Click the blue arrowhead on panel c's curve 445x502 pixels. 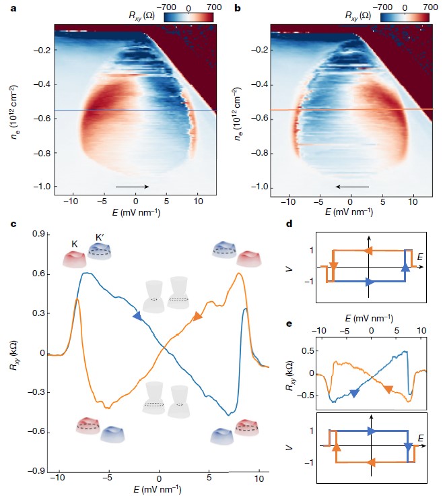coord(137,315)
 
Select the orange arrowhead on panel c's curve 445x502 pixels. coord(197,316)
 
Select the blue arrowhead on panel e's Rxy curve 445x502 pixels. coord(353,394)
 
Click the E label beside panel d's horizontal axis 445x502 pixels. coord(421,256)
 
